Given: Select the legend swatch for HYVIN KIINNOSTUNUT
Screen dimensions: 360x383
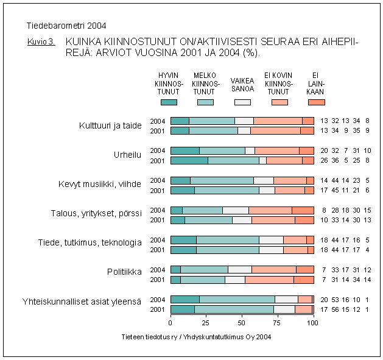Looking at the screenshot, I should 169,102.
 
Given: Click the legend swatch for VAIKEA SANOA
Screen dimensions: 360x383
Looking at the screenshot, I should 242,102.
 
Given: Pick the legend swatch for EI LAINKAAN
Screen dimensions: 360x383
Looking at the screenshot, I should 317,102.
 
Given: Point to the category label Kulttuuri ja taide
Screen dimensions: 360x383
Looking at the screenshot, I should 110,125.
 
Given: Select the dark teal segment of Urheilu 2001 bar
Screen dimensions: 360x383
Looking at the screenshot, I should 189,161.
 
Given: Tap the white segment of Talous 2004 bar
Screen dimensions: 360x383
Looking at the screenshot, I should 236,210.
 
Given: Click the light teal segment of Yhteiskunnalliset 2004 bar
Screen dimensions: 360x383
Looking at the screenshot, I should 236,299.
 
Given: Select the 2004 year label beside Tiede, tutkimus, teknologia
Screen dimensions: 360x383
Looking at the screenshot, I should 158,240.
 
